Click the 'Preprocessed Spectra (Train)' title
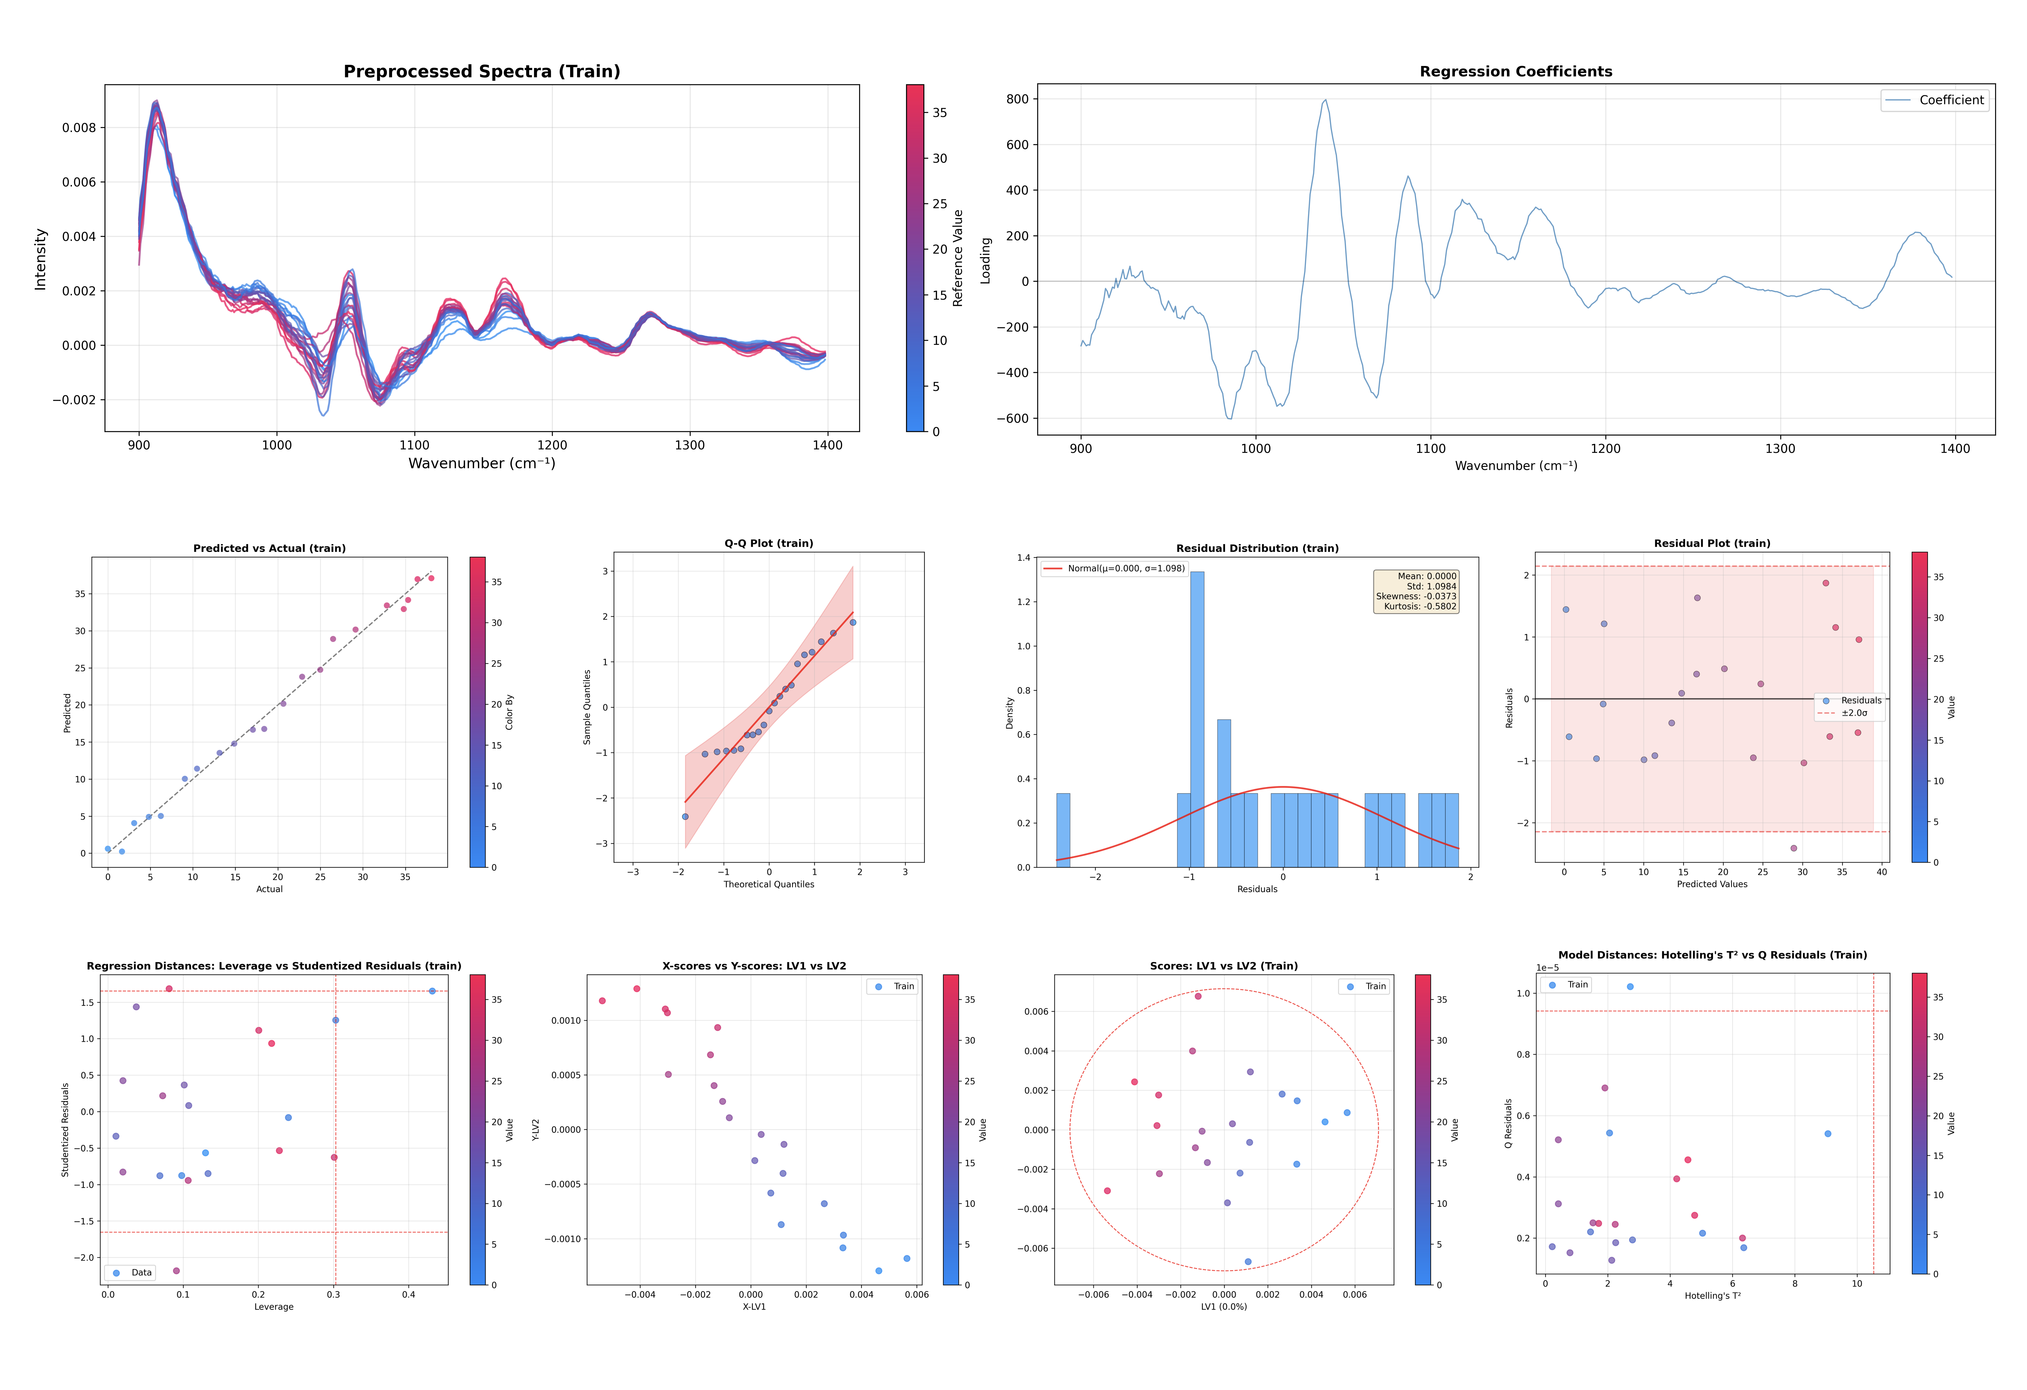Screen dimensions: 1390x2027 482,72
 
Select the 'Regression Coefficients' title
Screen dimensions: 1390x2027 1515,72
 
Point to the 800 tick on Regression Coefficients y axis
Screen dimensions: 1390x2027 1017,99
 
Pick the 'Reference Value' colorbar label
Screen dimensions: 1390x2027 958,258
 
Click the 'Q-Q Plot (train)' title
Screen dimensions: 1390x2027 769,543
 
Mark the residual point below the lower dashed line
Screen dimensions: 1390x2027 1793,848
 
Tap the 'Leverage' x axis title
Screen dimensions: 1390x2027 274,1306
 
